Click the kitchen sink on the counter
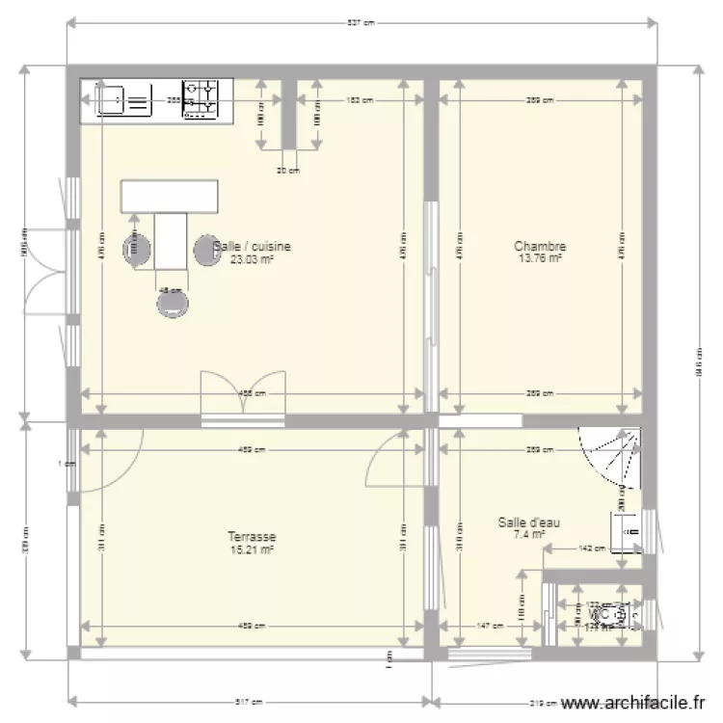coord(122,99)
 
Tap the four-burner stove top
coord(202,99)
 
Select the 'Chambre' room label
coord(540,247)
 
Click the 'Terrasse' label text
coord(252,537)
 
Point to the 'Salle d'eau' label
coord(529,522)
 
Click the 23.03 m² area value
coord(252,259)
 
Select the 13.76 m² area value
coord(540,258)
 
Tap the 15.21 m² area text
coord(252,549)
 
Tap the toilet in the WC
coord(613,613)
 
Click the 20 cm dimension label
coord(287,171)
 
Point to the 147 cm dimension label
coord(491,626)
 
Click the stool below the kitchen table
coord(174,303)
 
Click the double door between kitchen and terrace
coord(243,397)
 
